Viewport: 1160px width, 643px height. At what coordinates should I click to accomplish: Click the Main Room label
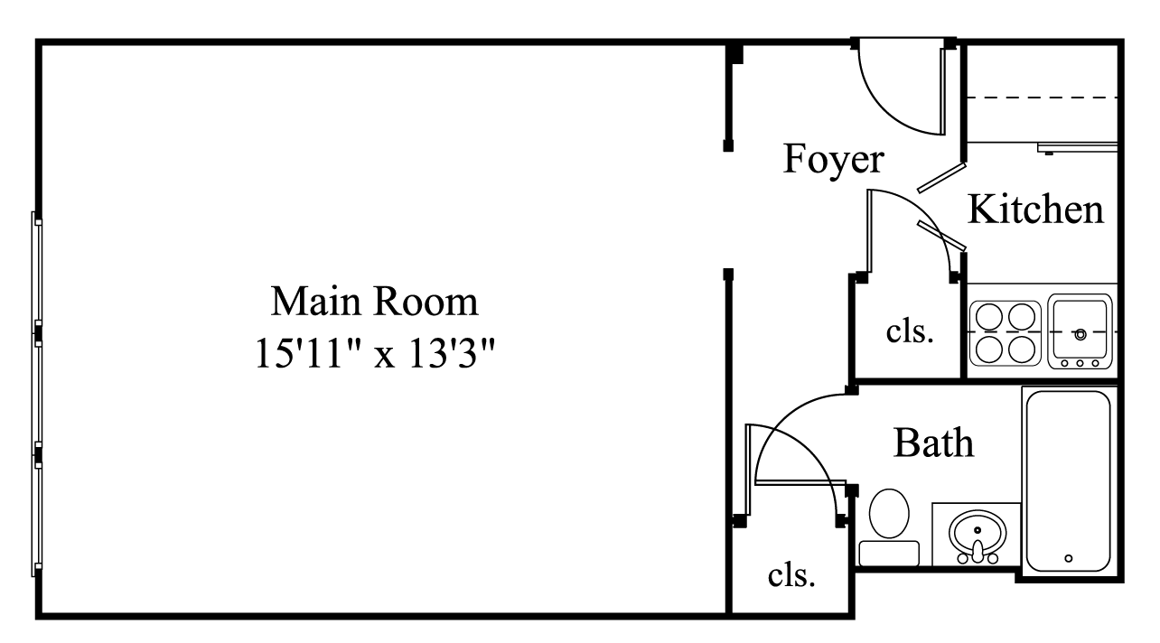tap(374, 301)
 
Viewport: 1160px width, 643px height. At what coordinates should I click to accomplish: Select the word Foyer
tap(832, 159)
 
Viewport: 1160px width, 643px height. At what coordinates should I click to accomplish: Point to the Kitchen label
tap(1035, 210)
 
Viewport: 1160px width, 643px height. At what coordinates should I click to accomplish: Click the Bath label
tap(933, 443)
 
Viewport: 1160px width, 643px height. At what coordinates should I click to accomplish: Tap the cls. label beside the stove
tap(909, 331)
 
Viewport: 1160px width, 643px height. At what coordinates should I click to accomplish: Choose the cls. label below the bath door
tap(791, 574)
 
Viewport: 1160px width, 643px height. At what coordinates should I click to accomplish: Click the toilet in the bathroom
tap(889, 513)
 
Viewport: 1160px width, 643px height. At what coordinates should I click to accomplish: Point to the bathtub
tap(1068, 479)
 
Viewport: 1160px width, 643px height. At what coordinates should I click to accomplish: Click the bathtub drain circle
tap(1069, 558)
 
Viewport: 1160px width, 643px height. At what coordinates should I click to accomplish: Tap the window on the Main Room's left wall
tap(37, 393)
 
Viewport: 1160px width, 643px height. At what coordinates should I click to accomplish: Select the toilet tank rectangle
tap(888, 553)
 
